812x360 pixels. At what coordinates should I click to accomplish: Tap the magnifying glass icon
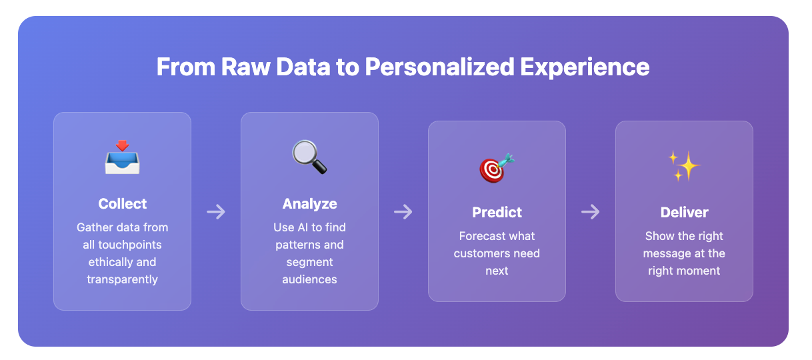point(309,157)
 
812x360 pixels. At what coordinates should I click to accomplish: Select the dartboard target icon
point(497,168)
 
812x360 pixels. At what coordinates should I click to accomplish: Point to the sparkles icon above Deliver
point(684,166)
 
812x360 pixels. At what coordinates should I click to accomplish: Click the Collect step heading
point(123,204)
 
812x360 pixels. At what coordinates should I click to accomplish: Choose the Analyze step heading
point(309,204)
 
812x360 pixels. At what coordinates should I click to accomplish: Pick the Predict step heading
point(497,213)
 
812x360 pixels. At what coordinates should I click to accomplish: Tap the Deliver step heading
point(684,213)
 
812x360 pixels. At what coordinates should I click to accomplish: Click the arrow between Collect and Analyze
point(216,212)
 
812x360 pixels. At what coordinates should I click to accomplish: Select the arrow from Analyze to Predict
point(403,212)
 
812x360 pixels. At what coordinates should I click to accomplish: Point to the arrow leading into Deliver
point(591,212)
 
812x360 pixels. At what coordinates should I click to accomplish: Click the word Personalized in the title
point(439,67)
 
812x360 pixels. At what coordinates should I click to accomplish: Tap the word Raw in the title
point(246,67)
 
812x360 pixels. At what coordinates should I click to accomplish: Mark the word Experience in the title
point(585,68)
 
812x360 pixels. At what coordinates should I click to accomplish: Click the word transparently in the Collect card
point(123,279)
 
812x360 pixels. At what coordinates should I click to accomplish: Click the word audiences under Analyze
point(309,279)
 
